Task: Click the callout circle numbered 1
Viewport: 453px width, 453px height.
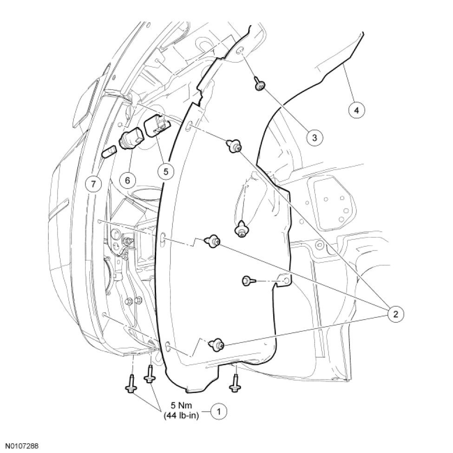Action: (218, 411)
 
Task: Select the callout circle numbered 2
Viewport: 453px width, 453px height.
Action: (395, 314)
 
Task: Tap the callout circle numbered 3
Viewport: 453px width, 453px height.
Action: (315, 138)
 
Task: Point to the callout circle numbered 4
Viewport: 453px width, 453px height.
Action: (356, 110)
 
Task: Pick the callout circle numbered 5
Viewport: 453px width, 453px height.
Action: (165, 171)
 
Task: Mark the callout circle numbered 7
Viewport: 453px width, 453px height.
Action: (93, 184)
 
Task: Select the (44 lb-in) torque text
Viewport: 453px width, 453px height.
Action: (181, 416)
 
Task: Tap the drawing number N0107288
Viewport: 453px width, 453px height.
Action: (19, 446)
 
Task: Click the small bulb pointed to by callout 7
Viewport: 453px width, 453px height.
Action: (109, 151)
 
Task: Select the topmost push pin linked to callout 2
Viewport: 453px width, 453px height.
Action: (233, 145)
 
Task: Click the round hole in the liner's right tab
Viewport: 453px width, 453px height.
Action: (286, 280)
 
